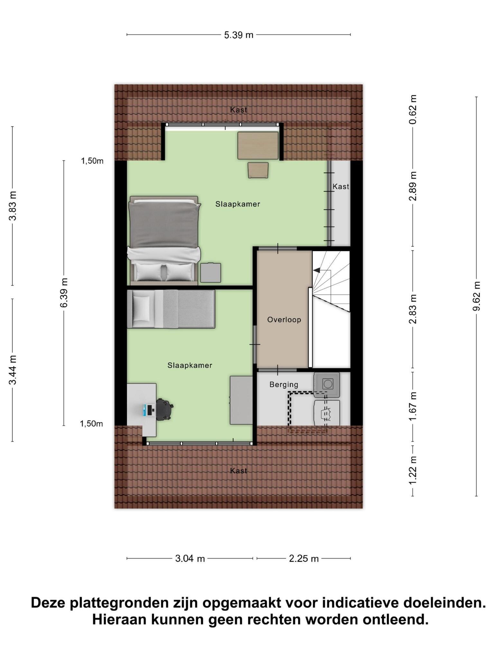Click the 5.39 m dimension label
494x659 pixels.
[239, 35]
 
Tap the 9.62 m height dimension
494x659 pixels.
[476, 296]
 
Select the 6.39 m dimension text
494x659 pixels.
[64, 292]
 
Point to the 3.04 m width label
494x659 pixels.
[190, 559]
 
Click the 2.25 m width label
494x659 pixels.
[304, 559]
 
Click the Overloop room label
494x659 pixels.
[284, 320]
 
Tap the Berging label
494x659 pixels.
[284, 385]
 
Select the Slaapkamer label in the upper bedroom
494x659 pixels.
[238, 204]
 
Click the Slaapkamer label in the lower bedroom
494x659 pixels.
[190, 366]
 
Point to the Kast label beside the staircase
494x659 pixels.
[341, 187]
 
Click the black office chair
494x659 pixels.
[164, 409]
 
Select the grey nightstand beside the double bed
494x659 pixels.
[211, 273]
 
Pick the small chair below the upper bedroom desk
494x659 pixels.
[258, 170]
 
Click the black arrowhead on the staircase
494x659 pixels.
[317, 270]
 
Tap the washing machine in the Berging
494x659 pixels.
[327, 384]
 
